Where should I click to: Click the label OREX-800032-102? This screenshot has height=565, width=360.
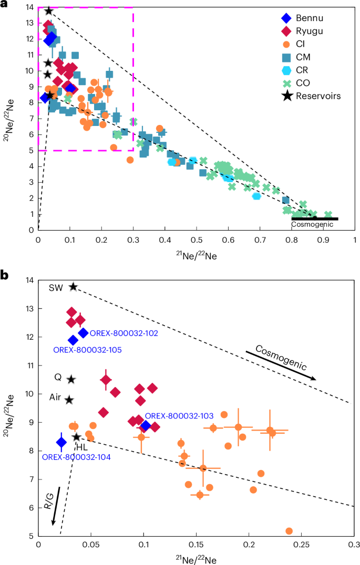click(x=124, y=333)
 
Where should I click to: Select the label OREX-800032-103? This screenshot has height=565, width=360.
click(x=179, y=416)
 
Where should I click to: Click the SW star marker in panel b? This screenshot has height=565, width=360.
click(x=74, y=287)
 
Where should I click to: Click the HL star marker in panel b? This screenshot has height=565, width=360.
click(x=77, y=437)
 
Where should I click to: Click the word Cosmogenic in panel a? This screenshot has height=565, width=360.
click(x=313, y=225)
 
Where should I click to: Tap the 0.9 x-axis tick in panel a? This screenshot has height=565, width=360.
click(x=323, y=239)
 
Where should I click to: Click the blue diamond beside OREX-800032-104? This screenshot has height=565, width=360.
click(x=61, y=442)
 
